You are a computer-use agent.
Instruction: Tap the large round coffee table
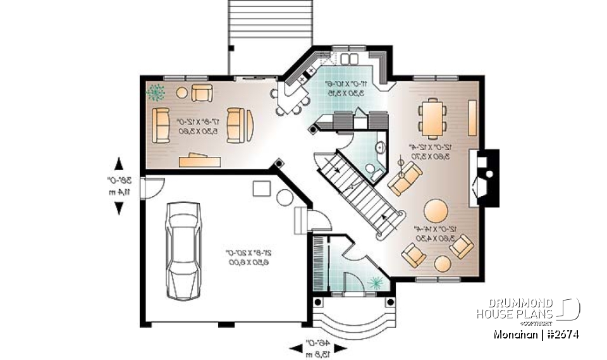(x=436, y=209)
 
